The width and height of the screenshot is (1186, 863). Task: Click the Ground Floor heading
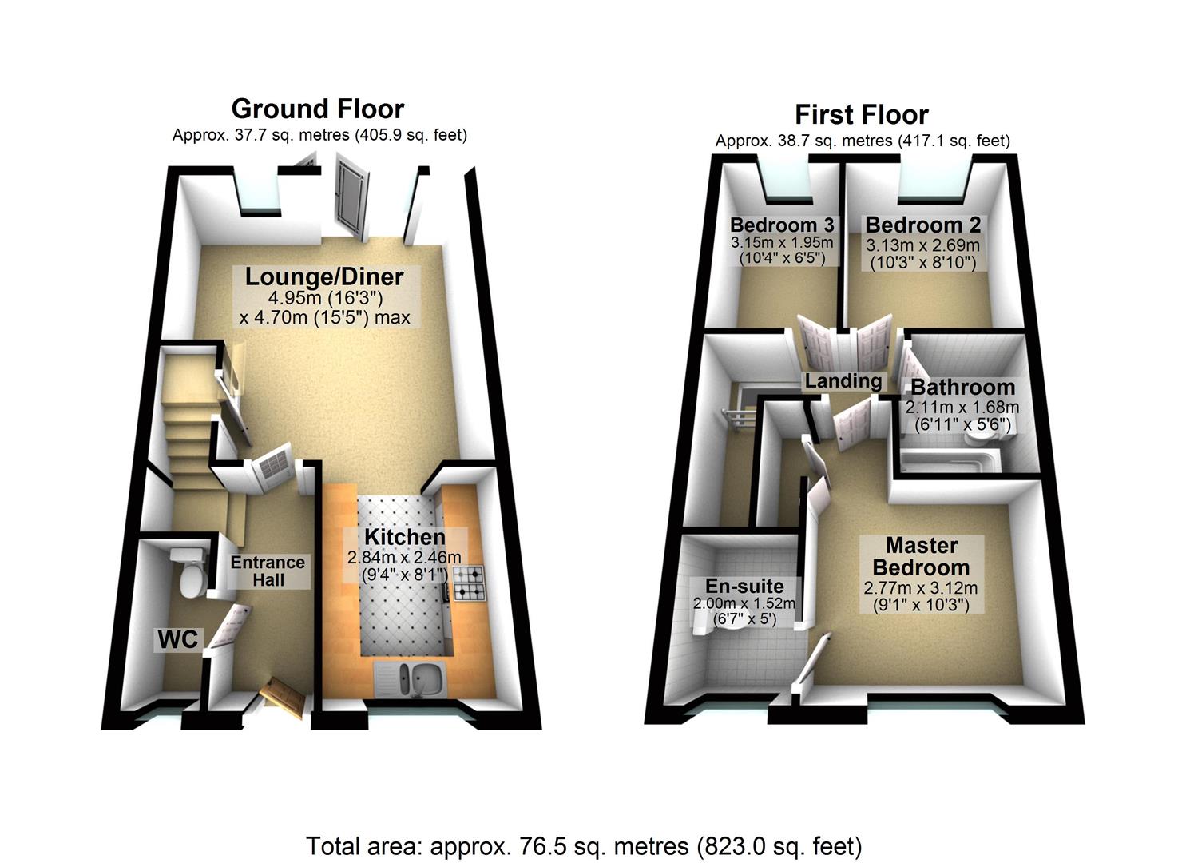[318, 109]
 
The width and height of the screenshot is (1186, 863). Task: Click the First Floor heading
[861, 115]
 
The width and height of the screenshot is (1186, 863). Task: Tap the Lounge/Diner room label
[323, 277]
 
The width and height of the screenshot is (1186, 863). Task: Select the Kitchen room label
[404, 537]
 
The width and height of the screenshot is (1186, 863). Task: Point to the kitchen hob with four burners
[469, 583]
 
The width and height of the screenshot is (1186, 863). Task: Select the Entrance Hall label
[268, 571]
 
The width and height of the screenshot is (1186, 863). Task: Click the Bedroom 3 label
[781, 225]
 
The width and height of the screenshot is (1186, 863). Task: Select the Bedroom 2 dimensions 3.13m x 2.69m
[922, 246]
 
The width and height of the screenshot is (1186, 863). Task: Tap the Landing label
[843, 381]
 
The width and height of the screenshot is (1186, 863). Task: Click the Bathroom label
[962, 388]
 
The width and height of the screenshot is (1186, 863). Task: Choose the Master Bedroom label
[921, 557]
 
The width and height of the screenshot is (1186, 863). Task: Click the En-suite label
[744, 586]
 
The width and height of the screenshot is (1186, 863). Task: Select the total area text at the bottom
[584, 845]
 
